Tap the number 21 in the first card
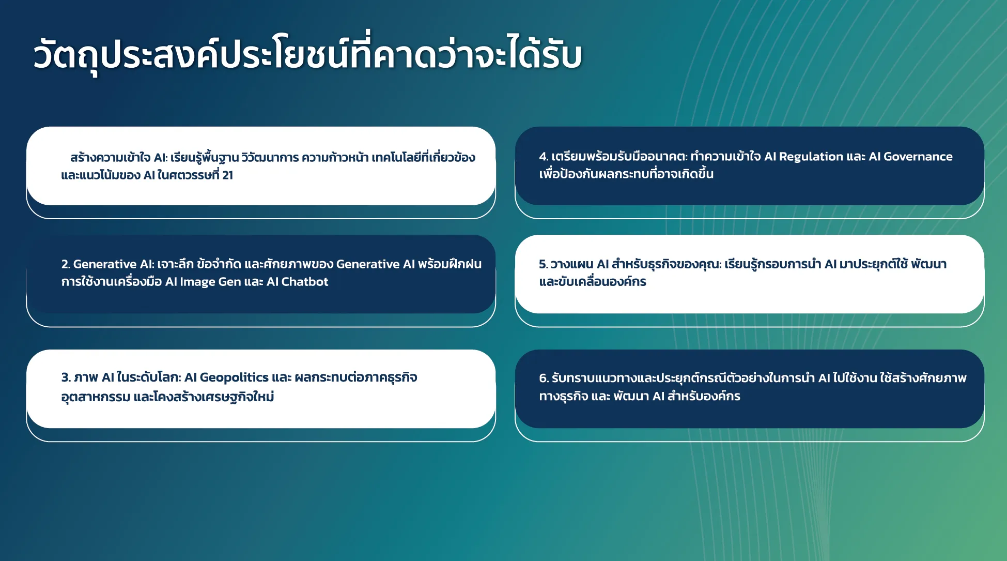(227, 175)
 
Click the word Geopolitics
(234, 378)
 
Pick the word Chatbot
(305, 282)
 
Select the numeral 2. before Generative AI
(66, 264)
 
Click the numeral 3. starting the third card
(66, 377)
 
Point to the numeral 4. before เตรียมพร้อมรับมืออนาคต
(544, 157)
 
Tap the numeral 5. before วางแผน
(544, 264)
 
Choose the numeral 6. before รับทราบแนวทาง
(544, 378)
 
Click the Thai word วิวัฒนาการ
(270, 157)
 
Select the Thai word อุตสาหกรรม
(96, 397)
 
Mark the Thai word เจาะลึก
(175, 264)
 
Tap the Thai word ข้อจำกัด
(219, 264)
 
